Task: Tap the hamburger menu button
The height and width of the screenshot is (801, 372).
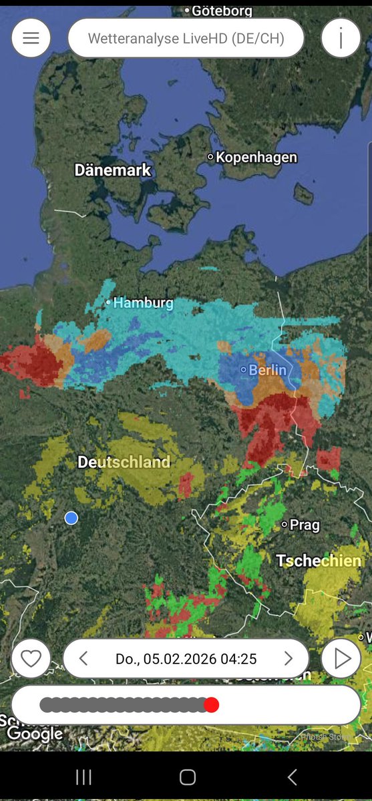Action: click(x=31, y=38)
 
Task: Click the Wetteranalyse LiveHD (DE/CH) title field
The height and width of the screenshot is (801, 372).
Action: click(x=186, y=38)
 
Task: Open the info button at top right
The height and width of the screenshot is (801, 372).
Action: click(x=341, y=38)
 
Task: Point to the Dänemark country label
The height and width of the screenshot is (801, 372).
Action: click(x=113, y=170)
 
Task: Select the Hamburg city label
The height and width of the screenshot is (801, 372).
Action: click(x=142, y=303)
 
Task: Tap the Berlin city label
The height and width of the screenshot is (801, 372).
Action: click(x=266, y=370)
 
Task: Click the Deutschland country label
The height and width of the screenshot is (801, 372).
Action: click(x=124, y=462)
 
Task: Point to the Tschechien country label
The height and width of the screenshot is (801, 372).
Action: click(x=319, y=561)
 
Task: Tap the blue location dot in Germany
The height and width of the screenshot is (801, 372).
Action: click(x=71, y=518)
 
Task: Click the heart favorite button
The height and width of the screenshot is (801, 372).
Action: click(x=31, y=659)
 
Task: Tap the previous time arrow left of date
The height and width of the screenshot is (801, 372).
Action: click(x=83, y=659)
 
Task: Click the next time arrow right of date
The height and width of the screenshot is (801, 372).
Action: click(x=289, y=659)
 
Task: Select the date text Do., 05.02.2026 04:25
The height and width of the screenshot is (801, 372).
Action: click(x=186, y=659)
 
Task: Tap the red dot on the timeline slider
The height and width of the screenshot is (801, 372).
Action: click(x=211, y=705)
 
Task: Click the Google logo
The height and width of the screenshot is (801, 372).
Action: click(x=35, y=734)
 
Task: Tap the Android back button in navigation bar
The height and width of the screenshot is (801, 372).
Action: click(x=292, y=777)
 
